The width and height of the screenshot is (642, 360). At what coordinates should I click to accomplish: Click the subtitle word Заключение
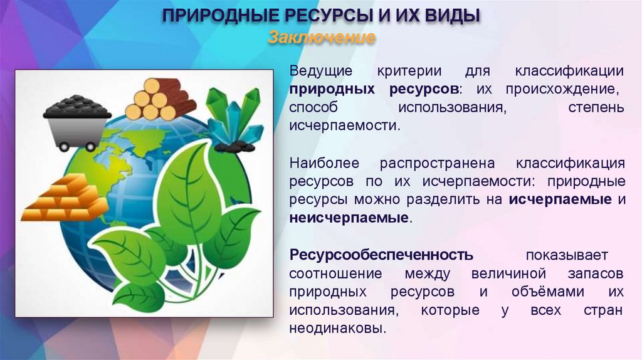[322, 38]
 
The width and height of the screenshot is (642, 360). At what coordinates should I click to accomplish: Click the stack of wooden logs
[159, 100]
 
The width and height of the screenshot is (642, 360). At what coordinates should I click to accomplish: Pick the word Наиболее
[324, 164]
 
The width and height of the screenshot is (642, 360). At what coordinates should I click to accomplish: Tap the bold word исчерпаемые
[560, 200]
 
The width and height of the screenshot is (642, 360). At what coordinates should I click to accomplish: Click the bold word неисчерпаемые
[349, 218]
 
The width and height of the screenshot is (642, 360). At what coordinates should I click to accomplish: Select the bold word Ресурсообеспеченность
[381, 255]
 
